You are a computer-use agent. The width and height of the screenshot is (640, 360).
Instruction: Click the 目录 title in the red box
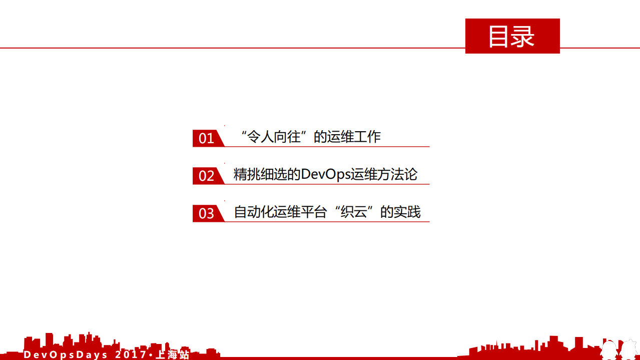click(511, 36)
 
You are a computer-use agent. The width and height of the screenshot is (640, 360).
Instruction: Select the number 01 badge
click(206, 138)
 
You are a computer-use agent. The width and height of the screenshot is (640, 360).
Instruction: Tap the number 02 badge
click(206, 176)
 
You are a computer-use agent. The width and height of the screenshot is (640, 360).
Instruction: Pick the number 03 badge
click(206, 213)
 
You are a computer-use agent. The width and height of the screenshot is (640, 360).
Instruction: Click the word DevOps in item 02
click(325, 175)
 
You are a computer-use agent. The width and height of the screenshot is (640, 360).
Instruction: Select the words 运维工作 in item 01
click(354, 137)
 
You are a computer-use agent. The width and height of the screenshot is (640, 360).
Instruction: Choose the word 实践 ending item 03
click(407, 212)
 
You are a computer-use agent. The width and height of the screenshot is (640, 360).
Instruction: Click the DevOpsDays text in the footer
click(66, 355)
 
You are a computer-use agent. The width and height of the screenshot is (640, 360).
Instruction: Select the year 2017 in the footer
click(131, 355)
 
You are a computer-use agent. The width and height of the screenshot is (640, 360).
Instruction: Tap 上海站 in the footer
click(173, 355)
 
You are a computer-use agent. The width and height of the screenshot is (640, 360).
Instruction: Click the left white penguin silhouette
click(609, 349)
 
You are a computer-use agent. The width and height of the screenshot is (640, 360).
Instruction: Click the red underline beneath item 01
click(325, 147)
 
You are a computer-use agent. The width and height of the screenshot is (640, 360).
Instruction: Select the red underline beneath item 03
click(325, 222)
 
